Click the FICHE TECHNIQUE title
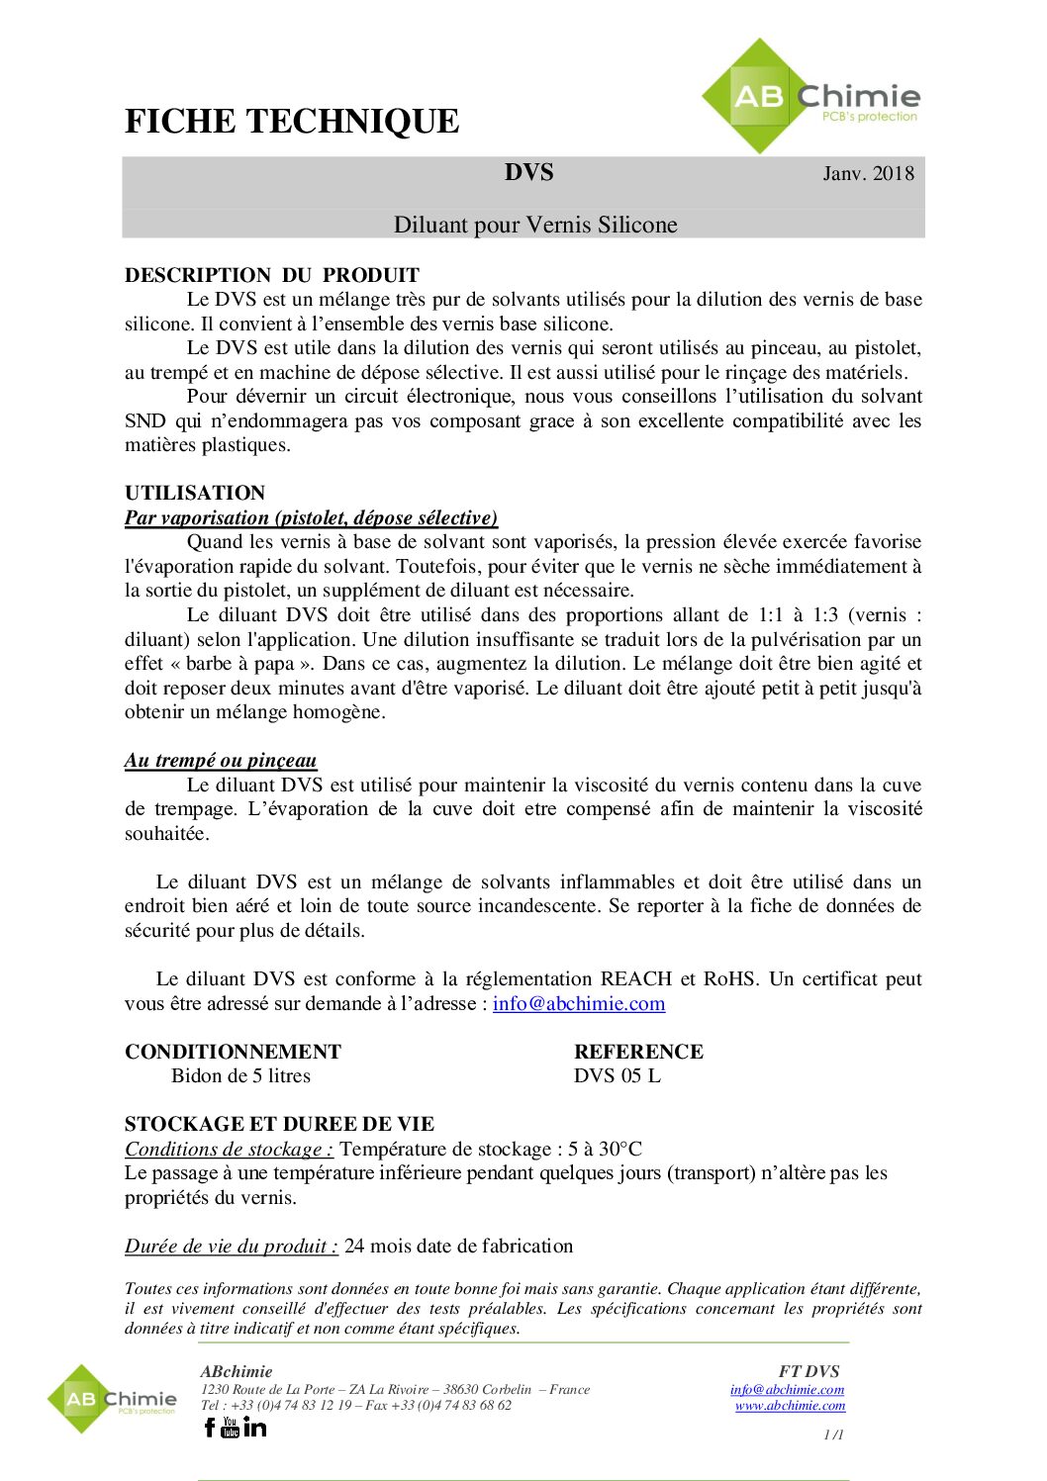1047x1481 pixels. click(x=292, y=122)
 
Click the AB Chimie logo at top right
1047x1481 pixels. click(x=811, y=97)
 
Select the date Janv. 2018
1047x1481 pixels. click(x=868, y=174)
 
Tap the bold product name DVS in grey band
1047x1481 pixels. click(x=528, y=173)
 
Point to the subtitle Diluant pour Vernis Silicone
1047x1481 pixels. click(x=535, y=225)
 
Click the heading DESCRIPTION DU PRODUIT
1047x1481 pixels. click(x=272, y=275)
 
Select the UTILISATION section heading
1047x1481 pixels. click(x=195, y=493)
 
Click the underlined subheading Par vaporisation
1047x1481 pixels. click(x=311, y=517)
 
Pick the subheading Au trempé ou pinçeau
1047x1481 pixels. click(x=221, y=760)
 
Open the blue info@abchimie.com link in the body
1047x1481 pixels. click(x=579, y=1003)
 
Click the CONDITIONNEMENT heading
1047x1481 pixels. click(x=233, y=1052)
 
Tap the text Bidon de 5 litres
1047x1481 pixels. click(x=240, y=1075)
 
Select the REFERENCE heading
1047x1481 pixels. click(x=638, y=1052)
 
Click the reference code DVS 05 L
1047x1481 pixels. click(x=617, y=1075)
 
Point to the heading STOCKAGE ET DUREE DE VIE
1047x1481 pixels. click(x=279, y=1124)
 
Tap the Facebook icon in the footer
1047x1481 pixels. click(x=210, y=1427)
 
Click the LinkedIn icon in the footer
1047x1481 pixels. click(x=255, y=1427)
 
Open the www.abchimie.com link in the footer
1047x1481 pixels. click(x=790, y=1405)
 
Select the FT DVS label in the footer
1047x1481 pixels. click(x=809, y=1371)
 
